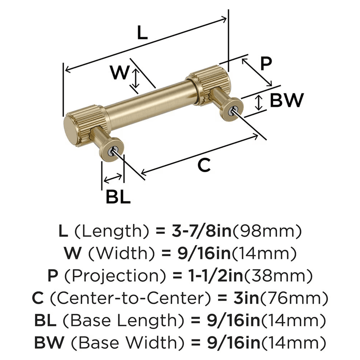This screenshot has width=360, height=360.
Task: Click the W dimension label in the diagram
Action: tap(119, 73)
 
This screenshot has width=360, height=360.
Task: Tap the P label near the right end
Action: tap(266, 64)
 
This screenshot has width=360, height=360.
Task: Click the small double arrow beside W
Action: tap(135, 79)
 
